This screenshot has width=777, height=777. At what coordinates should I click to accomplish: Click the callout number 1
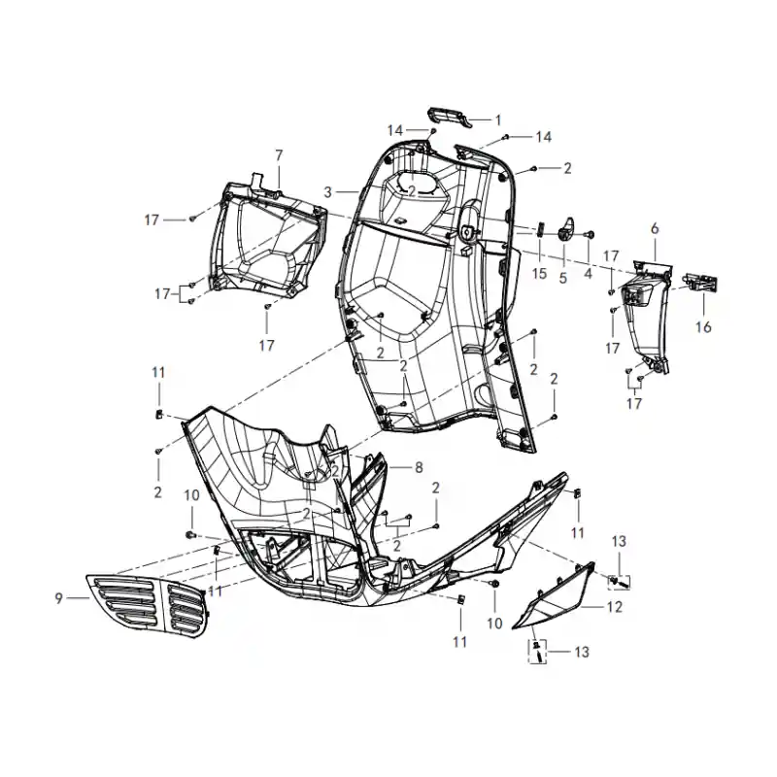click(498, 120)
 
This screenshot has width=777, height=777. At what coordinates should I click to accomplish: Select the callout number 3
click(327, 192)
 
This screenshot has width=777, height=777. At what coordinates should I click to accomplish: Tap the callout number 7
click(279, 155)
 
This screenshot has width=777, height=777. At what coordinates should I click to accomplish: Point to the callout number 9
click(59, 598)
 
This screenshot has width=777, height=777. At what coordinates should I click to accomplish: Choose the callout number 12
click(615, 606)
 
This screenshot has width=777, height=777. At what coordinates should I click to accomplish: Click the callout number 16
click(703, 327)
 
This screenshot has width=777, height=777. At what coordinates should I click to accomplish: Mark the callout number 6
click(655, 228)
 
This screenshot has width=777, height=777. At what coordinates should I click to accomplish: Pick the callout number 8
click(419, 467)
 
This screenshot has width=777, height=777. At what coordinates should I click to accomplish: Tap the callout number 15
click(540, 273)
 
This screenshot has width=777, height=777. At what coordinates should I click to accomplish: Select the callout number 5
click(563, 278)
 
